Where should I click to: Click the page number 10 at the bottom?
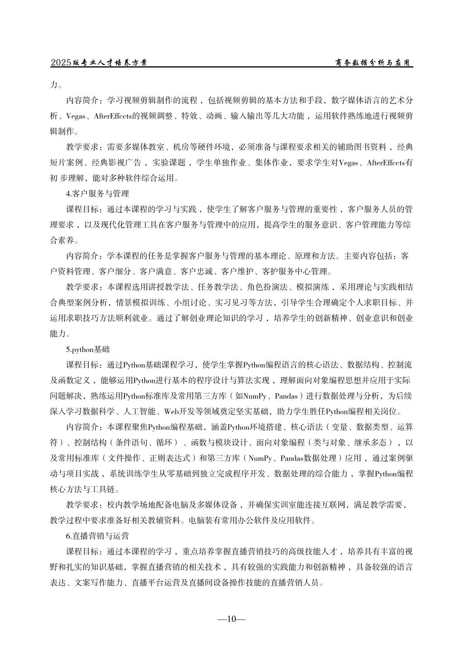point(231,619)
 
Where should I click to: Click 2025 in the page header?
point(61,63)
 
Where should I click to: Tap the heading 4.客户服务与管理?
point(98,194)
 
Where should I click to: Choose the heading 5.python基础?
point(88,350)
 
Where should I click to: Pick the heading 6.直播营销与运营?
point(98,536)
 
